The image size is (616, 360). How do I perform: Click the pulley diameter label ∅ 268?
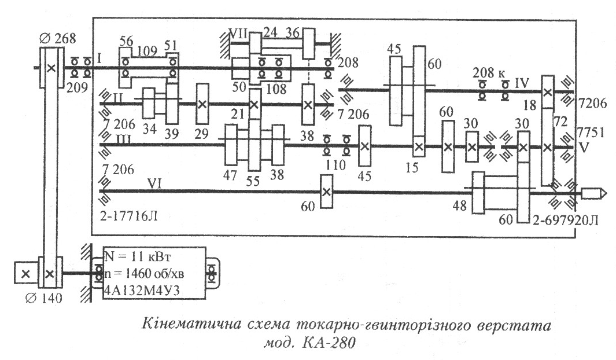pos(57,39)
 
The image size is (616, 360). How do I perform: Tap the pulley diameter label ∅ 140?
pos(43,298)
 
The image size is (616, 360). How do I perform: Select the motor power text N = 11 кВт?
pos(138,257)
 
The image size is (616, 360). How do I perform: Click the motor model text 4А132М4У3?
pos(142,291)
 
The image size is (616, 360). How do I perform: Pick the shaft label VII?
pos(238,34)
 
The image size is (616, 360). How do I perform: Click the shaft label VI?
pos(154,183)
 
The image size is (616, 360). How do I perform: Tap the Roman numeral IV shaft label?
pos(522,83)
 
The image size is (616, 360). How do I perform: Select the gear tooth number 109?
pos(147,51)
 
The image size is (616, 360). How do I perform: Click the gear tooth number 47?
pos(230,175)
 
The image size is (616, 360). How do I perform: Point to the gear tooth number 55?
pos(253,181)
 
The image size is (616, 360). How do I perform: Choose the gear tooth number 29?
pos(201,134)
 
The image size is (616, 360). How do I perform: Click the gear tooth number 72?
pos(560,122)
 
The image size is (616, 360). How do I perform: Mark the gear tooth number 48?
pos(460,205)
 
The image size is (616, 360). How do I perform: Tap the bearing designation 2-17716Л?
pos(128,216)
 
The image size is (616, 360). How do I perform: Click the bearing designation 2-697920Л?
pos(566,220)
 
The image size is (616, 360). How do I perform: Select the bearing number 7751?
pos(591,132)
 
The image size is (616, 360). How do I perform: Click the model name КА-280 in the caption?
pos(329,342)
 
